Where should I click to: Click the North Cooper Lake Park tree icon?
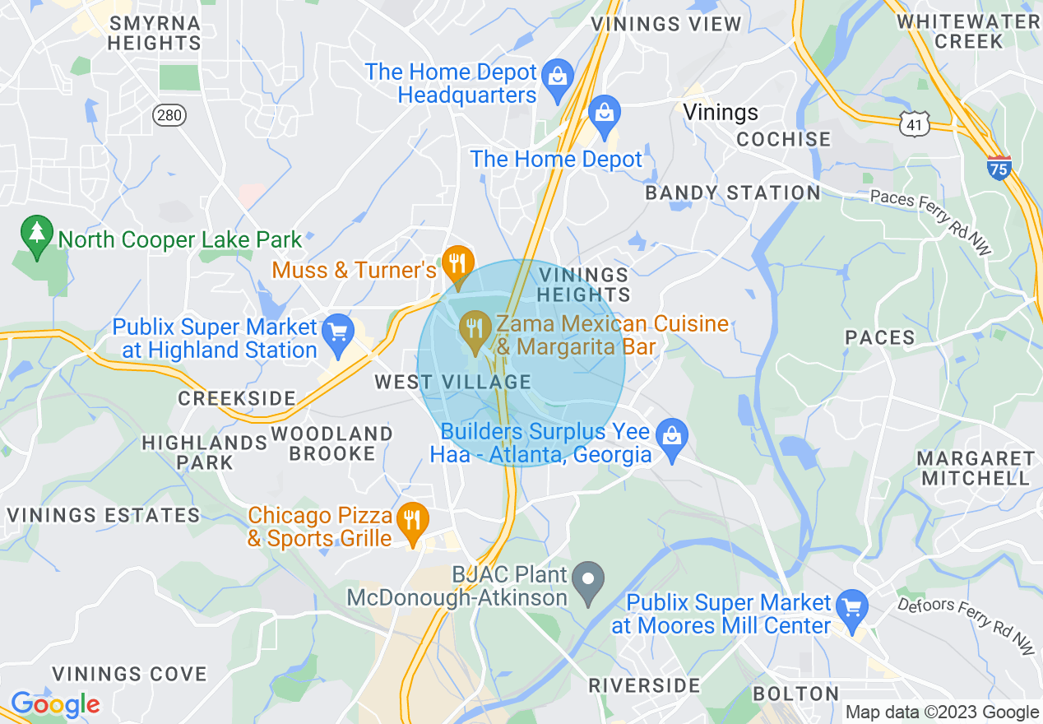click(37, 234)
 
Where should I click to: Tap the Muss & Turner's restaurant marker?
click(456, 264)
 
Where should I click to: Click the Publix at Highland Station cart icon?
click(337, 332)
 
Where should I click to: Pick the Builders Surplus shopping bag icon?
click(672, 435)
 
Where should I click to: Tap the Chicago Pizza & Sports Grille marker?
click(412, 521)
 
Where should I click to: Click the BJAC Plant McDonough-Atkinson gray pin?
click(587, 579)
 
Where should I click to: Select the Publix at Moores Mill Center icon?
click(851, 608)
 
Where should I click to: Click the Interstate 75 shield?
click(999, 168)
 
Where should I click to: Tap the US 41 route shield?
click(915, 124)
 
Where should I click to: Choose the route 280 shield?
click(169, 115)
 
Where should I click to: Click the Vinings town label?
click(721, 112)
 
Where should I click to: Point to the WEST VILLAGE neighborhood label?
click(452, 382)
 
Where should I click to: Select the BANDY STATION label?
click(732, 193)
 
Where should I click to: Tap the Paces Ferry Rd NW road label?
click(931, 221)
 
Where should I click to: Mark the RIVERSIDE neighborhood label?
click(644, 685)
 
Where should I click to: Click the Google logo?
click(54, 704)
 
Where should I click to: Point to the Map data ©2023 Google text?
click(942, 712)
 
